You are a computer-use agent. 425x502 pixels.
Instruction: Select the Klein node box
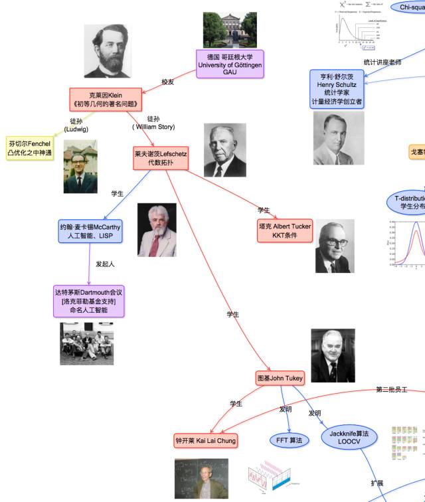pos(106,99)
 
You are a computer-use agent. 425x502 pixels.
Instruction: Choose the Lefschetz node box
pos(160,157)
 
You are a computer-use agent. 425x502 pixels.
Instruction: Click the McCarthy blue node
pos(90,231)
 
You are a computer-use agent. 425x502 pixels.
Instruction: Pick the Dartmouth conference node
pos(88,301)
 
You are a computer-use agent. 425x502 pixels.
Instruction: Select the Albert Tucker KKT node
pos(285,231)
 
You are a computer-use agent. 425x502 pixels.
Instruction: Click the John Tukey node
pos(280,378)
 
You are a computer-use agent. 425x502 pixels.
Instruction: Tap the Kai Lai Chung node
pos(205,440)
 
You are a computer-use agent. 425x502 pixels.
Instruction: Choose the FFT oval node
pos(289,440)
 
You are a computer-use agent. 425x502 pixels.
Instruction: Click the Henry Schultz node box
pos(337,89)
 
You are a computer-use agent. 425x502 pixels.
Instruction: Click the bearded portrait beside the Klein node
pos(107,51)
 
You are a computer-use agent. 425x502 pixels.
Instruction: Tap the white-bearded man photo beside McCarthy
pos(157,230)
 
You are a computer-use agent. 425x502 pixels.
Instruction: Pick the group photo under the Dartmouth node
pos(86,343)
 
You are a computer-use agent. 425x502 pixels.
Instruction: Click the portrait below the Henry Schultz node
pos(339,138)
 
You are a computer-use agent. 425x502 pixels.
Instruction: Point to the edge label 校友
pos(168,82)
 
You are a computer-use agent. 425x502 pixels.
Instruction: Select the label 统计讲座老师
pos(382,62)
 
